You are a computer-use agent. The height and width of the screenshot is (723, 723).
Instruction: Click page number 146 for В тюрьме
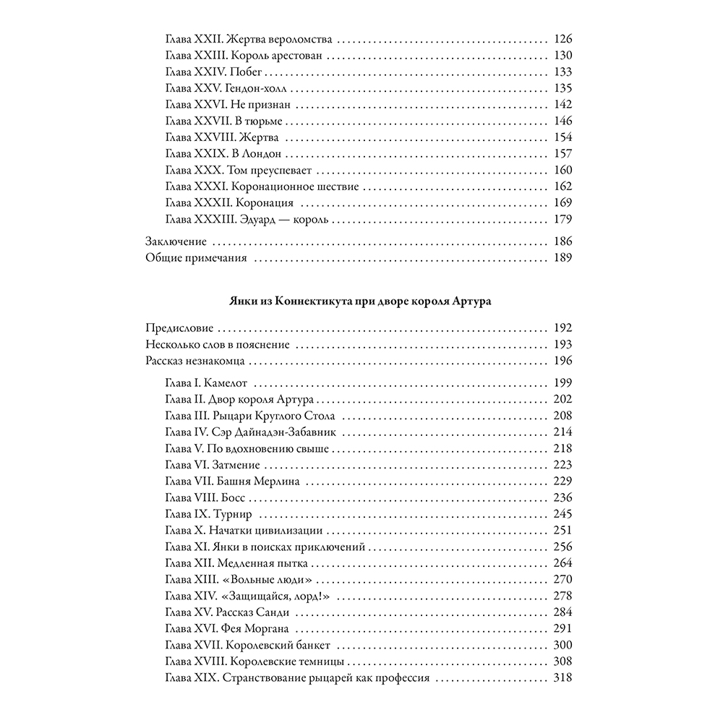pos(562,120)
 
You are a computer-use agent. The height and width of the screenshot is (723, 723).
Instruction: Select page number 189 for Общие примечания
pos(562,257)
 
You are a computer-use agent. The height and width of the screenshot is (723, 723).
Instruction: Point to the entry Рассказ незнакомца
pos(196,360)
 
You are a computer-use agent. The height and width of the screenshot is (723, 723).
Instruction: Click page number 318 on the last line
pos(562,678)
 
